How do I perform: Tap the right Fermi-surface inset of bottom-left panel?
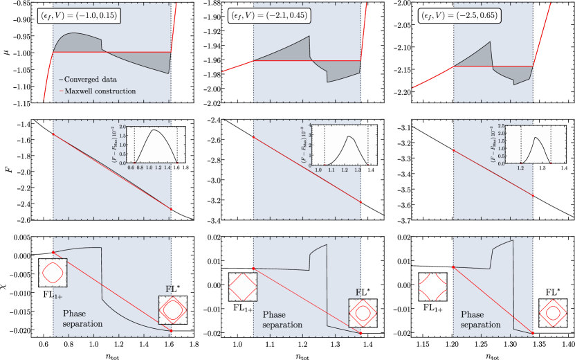[172, 309]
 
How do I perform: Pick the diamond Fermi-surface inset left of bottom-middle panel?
[243, 287]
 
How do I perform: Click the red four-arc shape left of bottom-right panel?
[432, 287]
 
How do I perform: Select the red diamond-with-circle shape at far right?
[553, 313]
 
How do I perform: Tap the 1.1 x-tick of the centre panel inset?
[331, 168]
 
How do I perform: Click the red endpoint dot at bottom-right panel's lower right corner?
[533, 334]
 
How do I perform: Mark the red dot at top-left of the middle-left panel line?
[53, 134]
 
